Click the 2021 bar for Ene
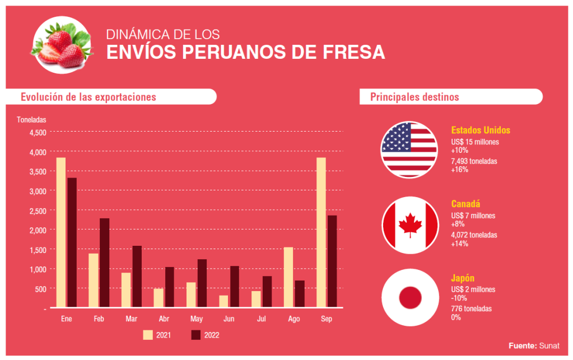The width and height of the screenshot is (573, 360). tap(61, 232)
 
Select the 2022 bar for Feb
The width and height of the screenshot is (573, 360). tap(104, 263)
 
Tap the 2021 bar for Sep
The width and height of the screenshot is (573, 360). tap(321, 232)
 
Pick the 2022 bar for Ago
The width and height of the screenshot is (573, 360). tap(299, 293)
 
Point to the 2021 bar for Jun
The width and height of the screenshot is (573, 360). tap(223, 301)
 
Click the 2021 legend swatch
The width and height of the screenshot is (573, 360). tap(148, 335)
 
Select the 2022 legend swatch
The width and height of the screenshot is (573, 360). tap(195, 335)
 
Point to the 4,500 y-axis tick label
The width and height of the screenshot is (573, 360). tap(38, 133)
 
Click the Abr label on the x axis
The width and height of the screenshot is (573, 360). tap(164, 319)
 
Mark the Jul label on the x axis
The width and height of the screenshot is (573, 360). tap(262, 319)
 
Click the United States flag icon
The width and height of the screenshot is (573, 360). tap(409, 149)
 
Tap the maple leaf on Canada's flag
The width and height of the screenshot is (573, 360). tap(409, 225)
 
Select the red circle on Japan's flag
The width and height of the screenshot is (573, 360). tap(409, 298)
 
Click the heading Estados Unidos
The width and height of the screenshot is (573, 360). tap(481, 130)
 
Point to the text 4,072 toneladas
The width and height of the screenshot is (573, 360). tap(474, 235)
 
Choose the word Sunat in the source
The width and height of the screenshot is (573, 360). tap(549, 345)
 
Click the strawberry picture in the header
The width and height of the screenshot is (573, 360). tap(62, 45)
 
